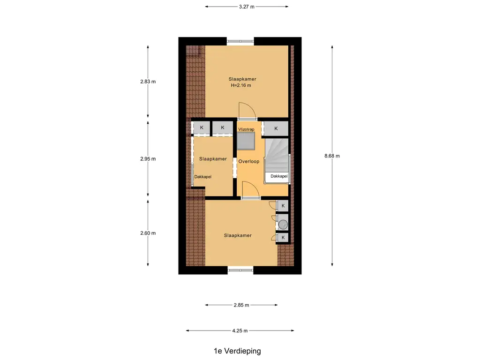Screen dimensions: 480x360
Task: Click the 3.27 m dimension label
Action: [247, 7]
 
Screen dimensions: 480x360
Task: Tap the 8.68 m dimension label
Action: [332, 156]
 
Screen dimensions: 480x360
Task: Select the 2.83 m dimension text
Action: [148, 82]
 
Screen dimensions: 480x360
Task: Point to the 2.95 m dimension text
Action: [148, 159]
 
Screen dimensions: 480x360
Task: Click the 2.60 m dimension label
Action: [148, 233]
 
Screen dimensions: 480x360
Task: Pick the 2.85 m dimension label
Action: [241, 305]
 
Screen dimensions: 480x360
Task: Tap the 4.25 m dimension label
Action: [240, 330]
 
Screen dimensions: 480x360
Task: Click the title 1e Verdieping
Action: [237, 351]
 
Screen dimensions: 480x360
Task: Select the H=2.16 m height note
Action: [241, 85]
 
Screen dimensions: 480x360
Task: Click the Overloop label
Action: [249, 161]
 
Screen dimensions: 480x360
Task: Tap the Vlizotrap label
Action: [246, 129]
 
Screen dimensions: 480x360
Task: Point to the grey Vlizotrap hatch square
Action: [246, 141]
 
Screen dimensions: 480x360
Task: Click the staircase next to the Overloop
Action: [277, 155]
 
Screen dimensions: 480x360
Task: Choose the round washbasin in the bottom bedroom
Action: [283, 225]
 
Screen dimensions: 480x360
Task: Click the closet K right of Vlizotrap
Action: [276, 128]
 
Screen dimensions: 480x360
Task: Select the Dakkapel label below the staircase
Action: [279, 176]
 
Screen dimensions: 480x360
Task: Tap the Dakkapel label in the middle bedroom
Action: [202, 177]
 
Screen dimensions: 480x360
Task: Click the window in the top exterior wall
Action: [240, 41]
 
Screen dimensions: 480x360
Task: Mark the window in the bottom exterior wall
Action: [240, 270]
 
